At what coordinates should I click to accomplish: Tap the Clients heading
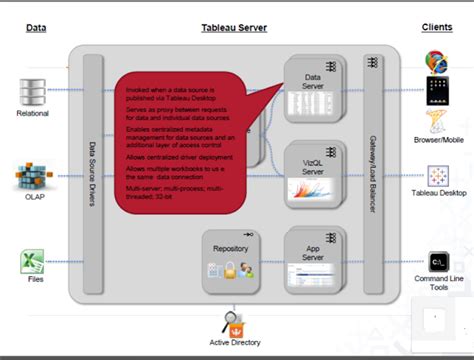point(437,28)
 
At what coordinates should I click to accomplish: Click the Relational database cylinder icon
point(33,92)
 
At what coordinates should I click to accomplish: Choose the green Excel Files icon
point(32,261)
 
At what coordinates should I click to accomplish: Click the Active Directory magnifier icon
point(233,296)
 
